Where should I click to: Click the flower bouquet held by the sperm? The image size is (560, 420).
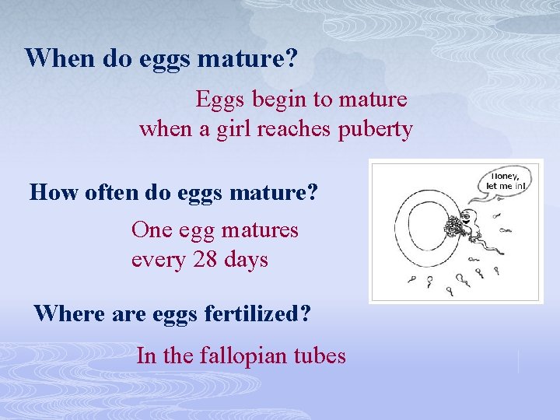click(x=453, y=227)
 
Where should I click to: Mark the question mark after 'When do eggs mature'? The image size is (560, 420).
click(x=296, y=58)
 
